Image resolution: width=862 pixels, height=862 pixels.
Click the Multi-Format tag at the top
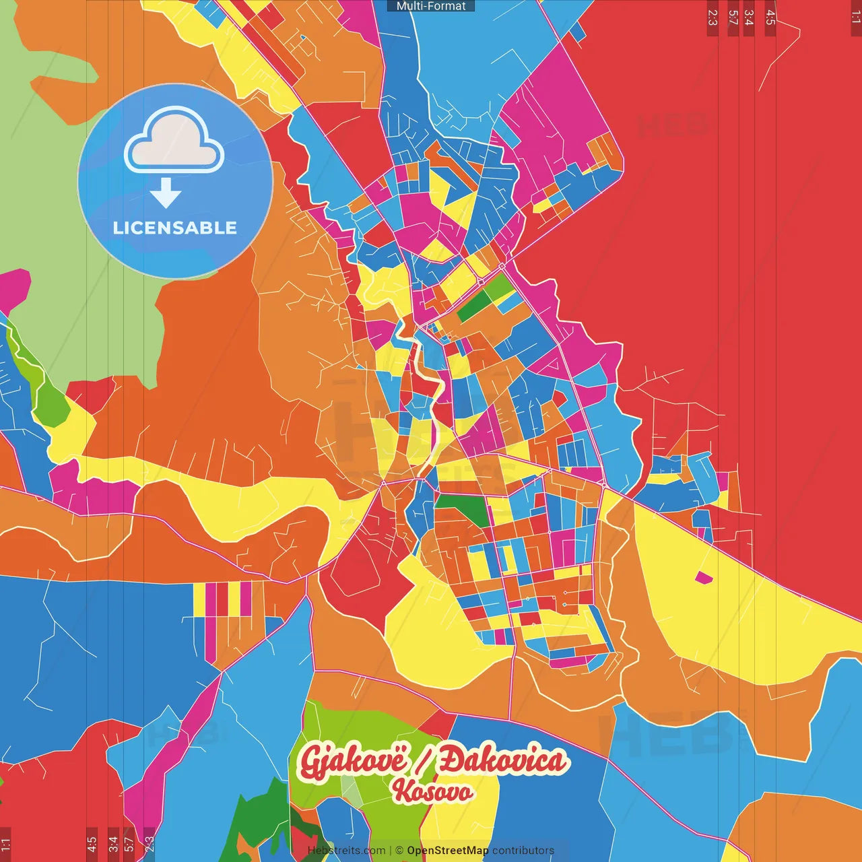[x=431, y=6]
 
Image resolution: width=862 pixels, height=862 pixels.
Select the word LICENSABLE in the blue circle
[x=175, y=228]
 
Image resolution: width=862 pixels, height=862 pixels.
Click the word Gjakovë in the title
[x=354, y=762]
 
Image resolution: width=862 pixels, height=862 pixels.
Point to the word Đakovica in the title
[x=502, y=762]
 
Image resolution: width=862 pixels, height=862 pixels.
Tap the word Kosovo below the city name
[x=432, y=791]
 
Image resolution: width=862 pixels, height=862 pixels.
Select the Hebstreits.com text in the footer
[x=347, y=851]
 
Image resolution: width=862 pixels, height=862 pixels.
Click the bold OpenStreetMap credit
[x=448, y=851]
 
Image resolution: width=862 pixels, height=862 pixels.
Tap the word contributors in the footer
[x=523, y=851]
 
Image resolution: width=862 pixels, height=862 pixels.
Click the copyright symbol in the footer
[x=399, y=851]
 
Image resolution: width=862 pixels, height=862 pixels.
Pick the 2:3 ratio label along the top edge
[x=712, y=18]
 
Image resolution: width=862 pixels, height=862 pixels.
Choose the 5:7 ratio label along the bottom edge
[x=129, y=844]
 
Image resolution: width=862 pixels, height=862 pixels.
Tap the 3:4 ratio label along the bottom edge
[x=113, y=844]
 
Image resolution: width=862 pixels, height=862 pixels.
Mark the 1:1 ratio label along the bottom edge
[x=5, y=844]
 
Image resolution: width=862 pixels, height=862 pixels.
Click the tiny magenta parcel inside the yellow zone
[x=704, y=577]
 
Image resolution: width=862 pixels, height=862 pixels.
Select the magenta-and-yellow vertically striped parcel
[x=223, y=599]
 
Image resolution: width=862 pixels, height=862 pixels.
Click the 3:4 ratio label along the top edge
[x=749, y=18]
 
